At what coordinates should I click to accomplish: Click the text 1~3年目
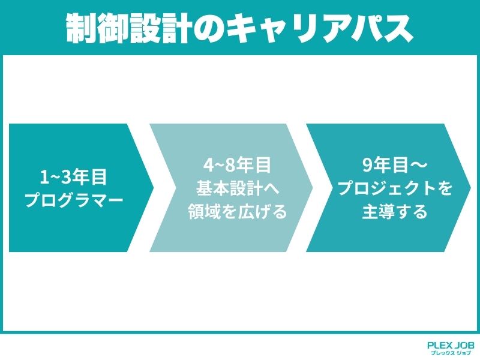tap(74, 177)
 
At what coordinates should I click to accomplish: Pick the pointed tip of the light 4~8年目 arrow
tap(312, 187)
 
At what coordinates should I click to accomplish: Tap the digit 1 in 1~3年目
tap(44, 177)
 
